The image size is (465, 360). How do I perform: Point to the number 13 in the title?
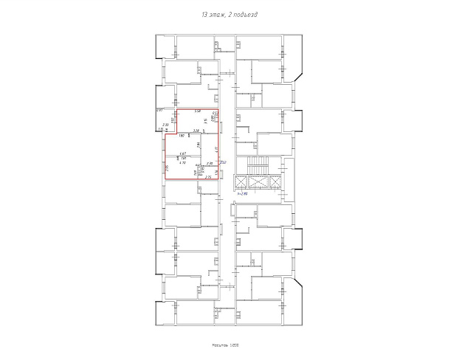tap(204, 15)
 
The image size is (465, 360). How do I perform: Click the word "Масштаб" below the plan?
tap(223, 347)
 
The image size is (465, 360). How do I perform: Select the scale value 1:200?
tap(238, 347)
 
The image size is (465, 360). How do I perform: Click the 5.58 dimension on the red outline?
tap(198, 111)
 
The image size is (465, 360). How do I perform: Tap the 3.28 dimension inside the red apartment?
tap(196, 131)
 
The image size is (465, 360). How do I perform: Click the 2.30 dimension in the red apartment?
tap(210, 163)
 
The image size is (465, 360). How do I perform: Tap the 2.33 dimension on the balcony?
tap(165, 125)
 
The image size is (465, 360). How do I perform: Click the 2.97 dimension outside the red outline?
tap(159, 110)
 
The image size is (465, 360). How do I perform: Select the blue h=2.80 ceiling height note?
tap(241, 193)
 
